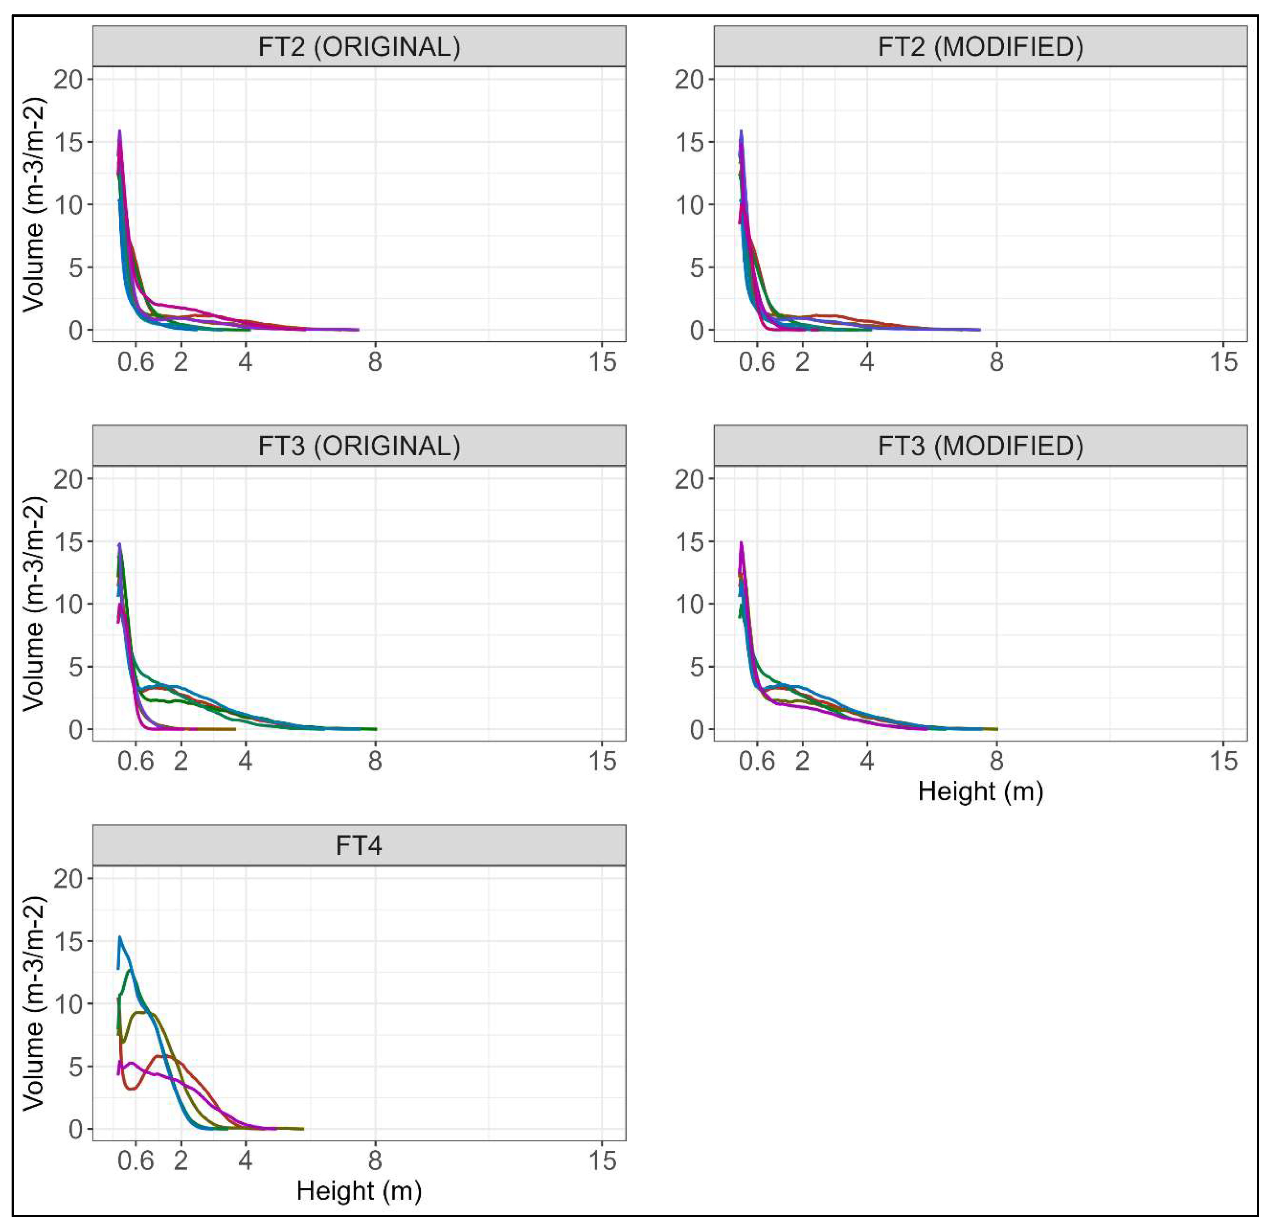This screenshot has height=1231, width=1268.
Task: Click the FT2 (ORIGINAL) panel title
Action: (359, 47)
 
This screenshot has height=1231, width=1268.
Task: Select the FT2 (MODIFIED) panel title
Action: (980, 47)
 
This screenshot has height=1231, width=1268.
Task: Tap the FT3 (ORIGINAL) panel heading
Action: (359, 446)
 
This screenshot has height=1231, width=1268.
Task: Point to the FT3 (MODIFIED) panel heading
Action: (980, 446)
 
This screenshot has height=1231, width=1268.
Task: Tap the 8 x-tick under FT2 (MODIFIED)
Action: (996, 362)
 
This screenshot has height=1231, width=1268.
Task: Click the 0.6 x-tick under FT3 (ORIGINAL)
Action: (136, 761)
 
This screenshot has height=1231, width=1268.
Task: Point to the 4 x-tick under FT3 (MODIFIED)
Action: (867, 761)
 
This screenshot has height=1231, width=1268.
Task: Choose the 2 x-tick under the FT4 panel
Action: (181, 1161)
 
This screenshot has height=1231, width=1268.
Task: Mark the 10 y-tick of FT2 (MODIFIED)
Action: (690, 205)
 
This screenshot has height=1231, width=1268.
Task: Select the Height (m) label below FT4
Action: (359, 1191)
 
